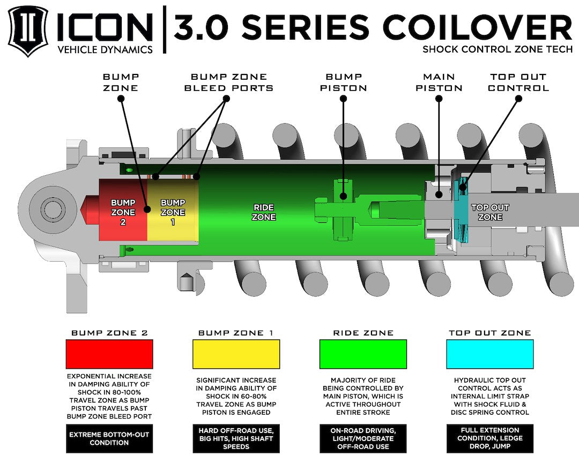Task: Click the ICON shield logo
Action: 27,30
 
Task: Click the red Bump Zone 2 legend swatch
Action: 109,354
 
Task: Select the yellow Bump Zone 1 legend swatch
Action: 236,354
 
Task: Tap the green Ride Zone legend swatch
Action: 363,354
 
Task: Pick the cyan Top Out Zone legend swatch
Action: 490,354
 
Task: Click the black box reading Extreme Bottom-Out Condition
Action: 109,438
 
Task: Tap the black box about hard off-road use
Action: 236,438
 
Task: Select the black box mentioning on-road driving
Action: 363,438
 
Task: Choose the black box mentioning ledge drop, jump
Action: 490,438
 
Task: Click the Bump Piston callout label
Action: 343,82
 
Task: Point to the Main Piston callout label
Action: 439,82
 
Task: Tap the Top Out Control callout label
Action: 518,82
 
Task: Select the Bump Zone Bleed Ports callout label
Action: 228,82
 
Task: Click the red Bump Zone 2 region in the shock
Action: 122,211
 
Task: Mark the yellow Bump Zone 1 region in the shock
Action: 173,211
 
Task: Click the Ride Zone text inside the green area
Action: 264,212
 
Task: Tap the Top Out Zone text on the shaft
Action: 490,212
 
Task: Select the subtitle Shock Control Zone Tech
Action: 497,49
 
